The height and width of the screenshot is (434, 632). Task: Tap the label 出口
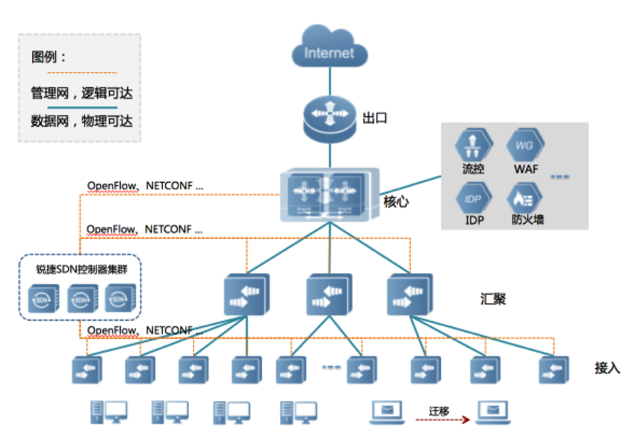(375, 118)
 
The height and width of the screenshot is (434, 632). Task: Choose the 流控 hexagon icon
(472, 146)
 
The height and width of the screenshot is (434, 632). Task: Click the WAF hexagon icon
(526, 146)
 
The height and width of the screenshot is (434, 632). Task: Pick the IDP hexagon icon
(472, 198)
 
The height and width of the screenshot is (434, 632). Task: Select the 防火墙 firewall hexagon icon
(526, 198)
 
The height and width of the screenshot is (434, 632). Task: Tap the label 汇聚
(492, 299)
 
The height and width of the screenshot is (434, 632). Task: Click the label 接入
(607, 368)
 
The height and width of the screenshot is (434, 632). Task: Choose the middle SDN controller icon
(81, 298)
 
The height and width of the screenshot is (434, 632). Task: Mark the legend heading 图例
(49, 57)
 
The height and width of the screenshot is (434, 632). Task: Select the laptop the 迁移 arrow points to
(494, 411)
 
